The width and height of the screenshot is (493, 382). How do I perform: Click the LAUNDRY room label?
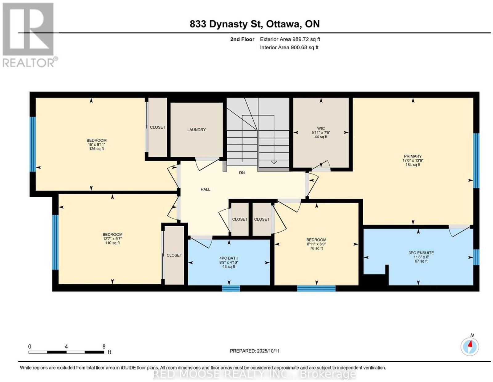pos(196,129)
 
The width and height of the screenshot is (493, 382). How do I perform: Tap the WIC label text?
pos(320,129)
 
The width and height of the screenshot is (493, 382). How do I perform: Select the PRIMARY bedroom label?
pos(413,156)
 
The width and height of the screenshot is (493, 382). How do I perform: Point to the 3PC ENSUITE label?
pos(421,253)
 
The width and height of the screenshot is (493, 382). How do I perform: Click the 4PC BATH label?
pos(228,258)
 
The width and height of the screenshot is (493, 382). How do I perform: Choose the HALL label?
pos(205,190)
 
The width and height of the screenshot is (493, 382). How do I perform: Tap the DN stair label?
pos(242,173)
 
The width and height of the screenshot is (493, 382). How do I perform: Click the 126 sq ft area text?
pos(96,149)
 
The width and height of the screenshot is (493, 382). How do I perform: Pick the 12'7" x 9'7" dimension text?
pos(112,239)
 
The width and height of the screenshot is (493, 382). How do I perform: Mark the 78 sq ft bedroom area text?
pos(316,248)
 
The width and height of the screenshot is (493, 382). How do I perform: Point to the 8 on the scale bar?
pos(104,347)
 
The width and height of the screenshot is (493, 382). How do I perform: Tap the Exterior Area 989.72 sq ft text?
pos(290,39)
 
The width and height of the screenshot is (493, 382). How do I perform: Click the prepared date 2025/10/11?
pos(268,351)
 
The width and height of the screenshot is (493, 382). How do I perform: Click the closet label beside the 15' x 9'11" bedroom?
pos(157,127)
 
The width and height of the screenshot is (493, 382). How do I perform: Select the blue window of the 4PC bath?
pos(230,288)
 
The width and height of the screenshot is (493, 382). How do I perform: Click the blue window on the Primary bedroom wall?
pos(476,161)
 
